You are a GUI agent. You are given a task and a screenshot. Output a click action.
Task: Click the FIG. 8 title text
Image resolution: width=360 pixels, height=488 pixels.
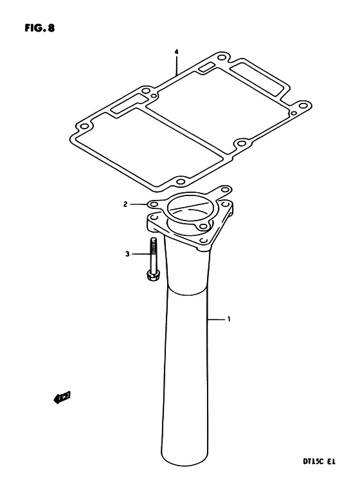(39, 28)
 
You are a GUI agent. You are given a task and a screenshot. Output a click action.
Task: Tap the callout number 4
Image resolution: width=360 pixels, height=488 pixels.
(176, 52)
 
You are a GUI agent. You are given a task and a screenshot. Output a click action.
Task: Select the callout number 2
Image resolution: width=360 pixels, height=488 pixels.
(125, 204)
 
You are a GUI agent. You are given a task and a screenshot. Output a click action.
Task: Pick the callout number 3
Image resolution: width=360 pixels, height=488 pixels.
(127, 254)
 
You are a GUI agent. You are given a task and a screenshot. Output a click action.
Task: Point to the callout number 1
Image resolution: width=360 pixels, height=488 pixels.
(229, 319)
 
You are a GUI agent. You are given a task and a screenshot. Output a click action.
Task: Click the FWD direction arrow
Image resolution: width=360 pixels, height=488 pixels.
(62, 397)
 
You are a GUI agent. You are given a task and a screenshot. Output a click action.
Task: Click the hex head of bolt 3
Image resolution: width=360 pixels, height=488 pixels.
(152, 275)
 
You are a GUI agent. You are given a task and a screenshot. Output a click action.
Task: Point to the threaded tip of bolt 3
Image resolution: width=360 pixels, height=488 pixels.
(153, 240)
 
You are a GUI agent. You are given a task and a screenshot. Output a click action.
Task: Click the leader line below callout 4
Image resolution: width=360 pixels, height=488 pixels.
(176, 66)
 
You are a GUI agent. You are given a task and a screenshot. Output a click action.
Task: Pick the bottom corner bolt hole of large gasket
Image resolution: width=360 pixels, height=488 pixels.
(181, 182)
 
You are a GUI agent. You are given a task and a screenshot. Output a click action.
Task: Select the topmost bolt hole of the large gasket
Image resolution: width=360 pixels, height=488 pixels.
(221, 57)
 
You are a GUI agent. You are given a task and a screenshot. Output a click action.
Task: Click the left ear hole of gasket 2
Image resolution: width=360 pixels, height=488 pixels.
(152, 204)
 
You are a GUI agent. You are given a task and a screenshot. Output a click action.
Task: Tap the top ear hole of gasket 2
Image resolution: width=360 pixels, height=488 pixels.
(225, 189)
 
